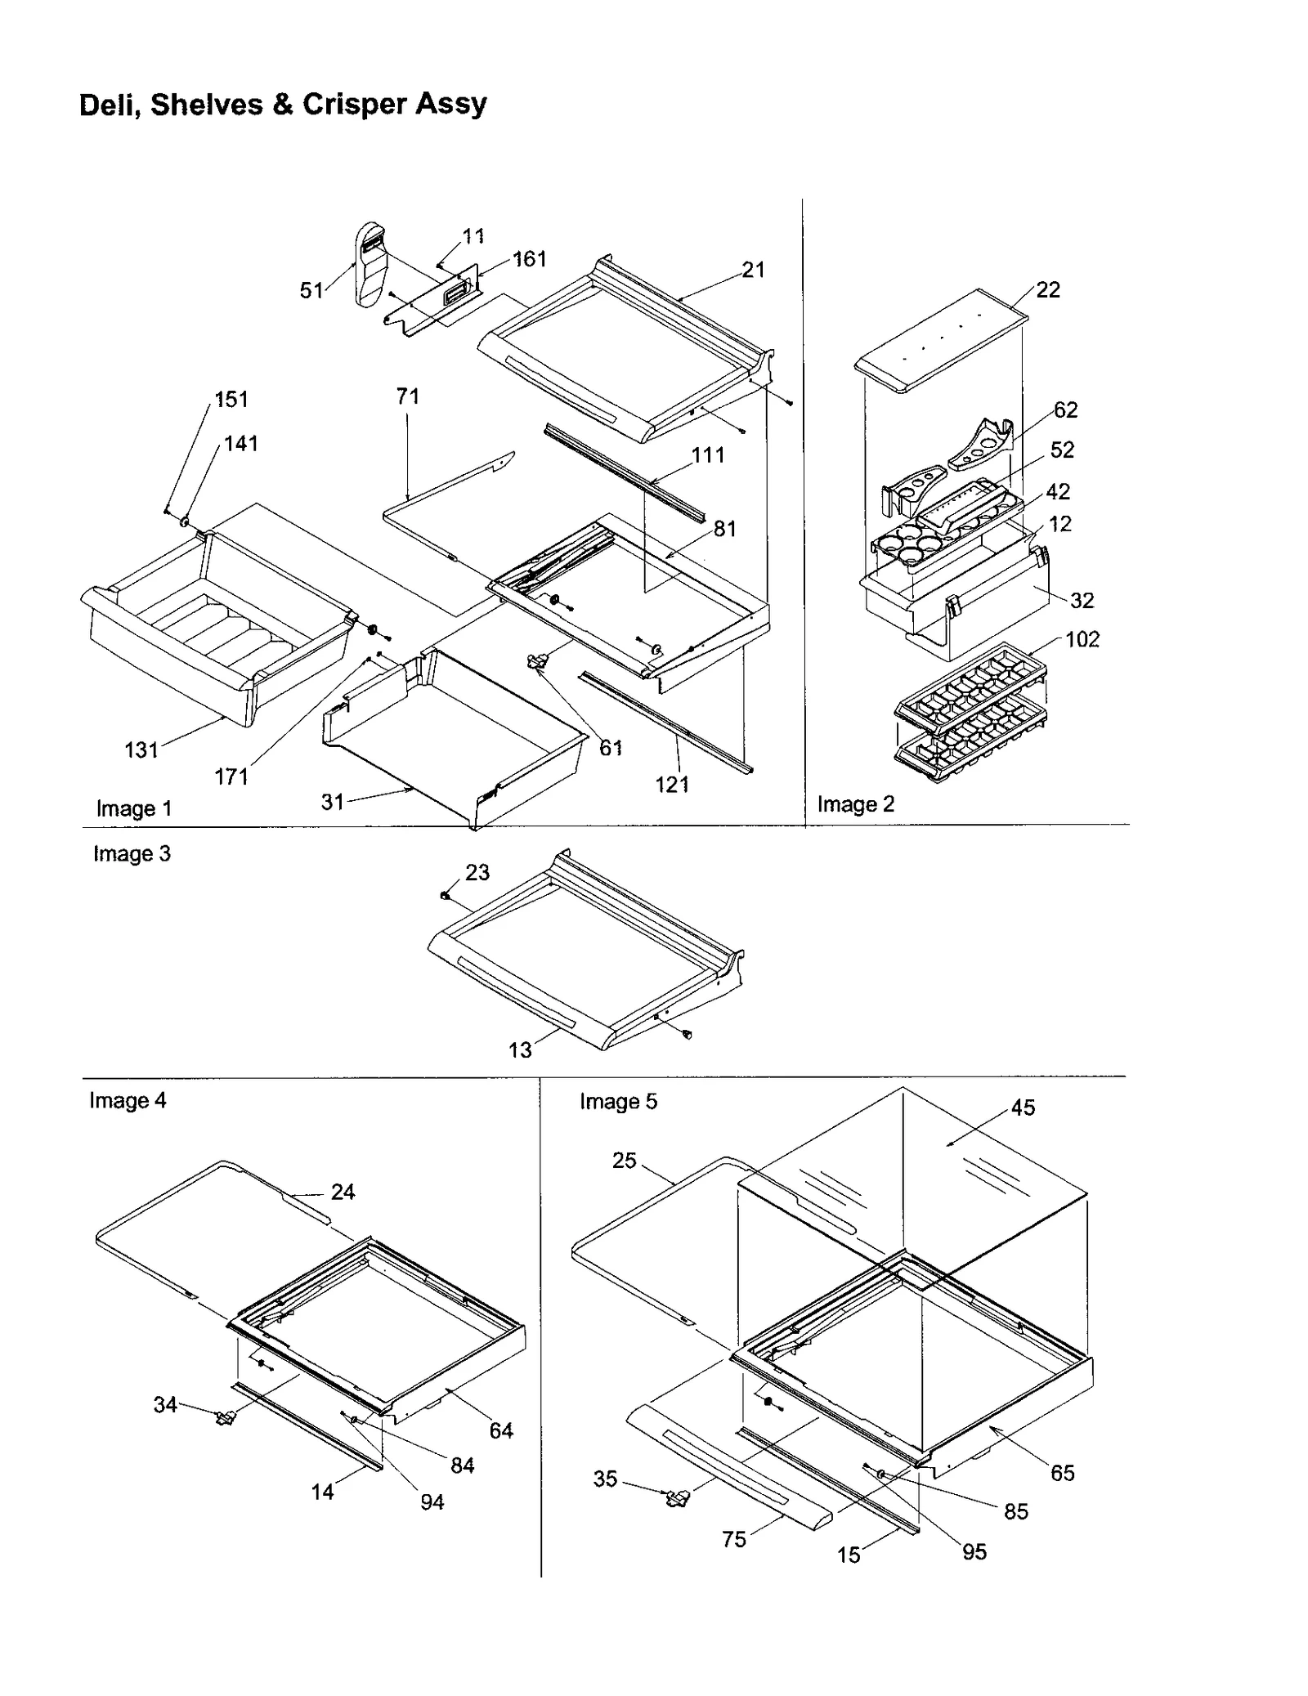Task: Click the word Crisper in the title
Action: [x=353, y=105]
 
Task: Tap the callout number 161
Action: [x=529, y=259]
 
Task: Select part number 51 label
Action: [x=311, y=290]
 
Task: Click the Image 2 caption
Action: [x=855, y=804]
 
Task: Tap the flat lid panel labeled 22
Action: [x=940, y=339]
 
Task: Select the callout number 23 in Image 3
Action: [x=477, y=872]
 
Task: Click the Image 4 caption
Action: [x=128, y=1100]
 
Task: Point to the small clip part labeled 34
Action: [x=224, y=1418]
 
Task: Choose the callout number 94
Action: [x=432, y=1502]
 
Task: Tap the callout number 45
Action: [x=1023, y=1108]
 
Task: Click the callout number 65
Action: [x=1062, y=1473]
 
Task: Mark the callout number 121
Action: [x=672, y=785]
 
